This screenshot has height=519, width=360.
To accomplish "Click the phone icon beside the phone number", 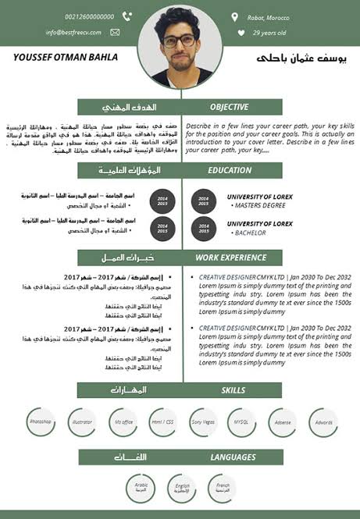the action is click(127, 16).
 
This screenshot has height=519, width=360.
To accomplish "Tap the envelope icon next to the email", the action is click(116, 32).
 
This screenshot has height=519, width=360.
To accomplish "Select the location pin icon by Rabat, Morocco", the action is click(234, 16).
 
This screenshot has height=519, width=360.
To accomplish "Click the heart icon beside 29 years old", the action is click(241, 33).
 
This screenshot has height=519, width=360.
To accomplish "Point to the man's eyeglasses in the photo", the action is click(179, 41).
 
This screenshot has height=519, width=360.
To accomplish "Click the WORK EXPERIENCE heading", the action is click(230, 257).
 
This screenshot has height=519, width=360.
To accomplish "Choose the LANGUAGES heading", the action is click(233, 457).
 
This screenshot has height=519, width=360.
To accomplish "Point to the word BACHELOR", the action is click(251, 233).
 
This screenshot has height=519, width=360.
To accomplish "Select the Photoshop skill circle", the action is click(40, 422).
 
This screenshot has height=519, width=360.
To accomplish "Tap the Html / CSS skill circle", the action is click(162, 422).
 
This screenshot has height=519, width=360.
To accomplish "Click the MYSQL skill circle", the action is click(241, 422).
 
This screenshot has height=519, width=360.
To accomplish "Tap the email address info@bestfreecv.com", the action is click(75, 33).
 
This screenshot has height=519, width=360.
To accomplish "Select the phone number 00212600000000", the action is click(90, 16).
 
